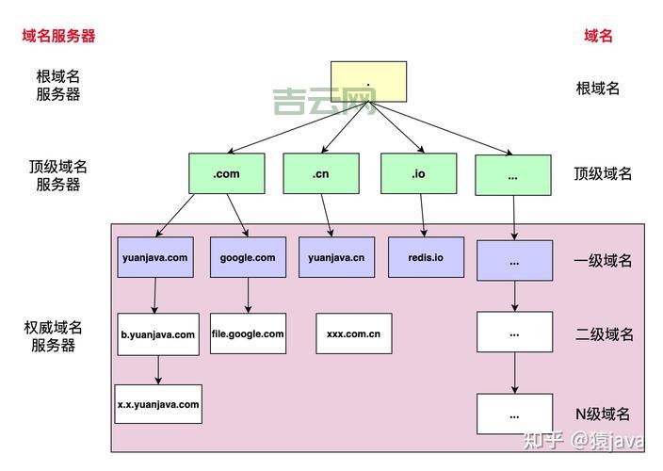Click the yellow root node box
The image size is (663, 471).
point(368,81)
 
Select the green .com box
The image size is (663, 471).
point(227,173)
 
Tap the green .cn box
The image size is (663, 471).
point(320,173)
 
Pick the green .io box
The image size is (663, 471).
point(418,173)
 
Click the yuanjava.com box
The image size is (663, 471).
point(155,257)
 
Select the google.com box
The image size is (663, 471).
point(248,257)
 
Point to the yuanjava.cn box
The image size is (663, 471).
point(336,257)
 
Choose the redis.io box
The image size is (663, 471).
point(426,257)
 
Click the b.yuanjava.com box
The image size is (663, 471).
point(158,334)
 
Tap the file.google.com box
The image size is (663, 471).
point(248,333)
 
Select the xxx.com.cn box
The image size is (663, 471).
point(353,333)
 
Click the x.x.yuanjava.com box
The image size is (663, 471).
point(158,404)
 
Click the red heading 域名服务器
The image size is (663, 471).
point(59,36)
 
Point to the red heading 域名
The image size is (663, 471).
point(598,36)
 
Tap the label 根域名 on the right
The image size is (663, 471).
point(598,89)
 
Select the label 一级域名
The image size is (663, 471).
point(603,261)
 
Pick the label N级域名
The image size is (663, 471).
point(603,414)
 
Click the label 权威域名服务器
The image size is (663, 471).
point(53,336)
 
